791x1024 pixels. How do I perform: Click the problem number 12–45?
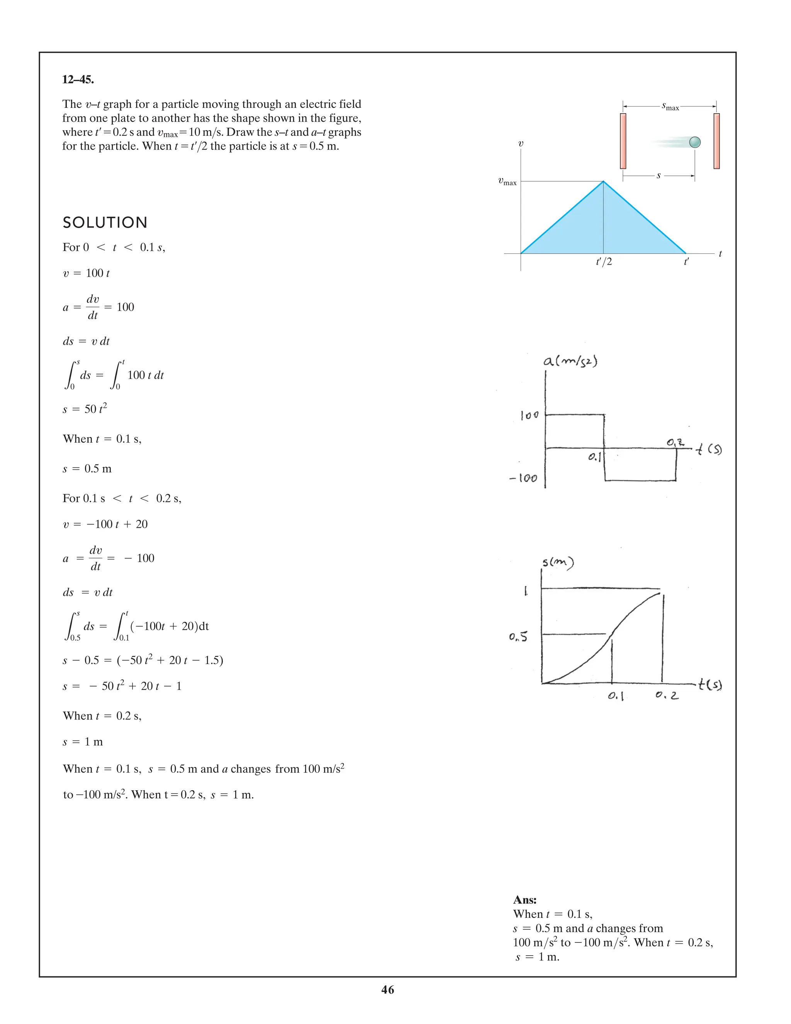point(78,80)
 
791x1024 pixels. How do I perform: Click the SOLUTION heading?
point(105,223)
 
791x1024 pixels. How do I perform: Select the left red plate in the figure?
point(623,141)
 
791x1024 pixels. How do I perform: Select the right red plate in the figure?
point(716,141)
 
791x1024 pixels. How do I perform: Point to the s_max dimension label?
point(670,107)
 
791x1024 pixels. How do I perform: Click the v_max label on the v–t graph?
point(507,182)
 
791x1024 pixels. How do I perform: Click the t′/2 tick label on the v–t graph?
point(604,262)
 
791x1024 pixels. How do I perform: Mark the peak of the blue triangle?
point(603,182)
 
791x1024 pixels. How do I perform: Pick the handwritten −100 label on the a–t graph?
point(523,479)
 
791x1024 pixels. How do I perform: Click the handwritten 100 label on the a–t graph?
point(530,415)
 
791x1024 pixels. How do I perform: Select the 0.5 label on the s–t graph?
point(518,637)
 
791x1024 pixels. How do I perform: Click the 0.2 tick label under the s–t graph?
point(667,696)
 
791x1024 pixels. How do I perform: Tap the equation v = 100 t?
point(86,273)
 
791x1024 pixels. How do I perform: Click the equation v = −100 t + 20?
point(105,524)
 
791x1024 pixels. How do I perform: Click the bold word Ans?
point(525,900)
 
